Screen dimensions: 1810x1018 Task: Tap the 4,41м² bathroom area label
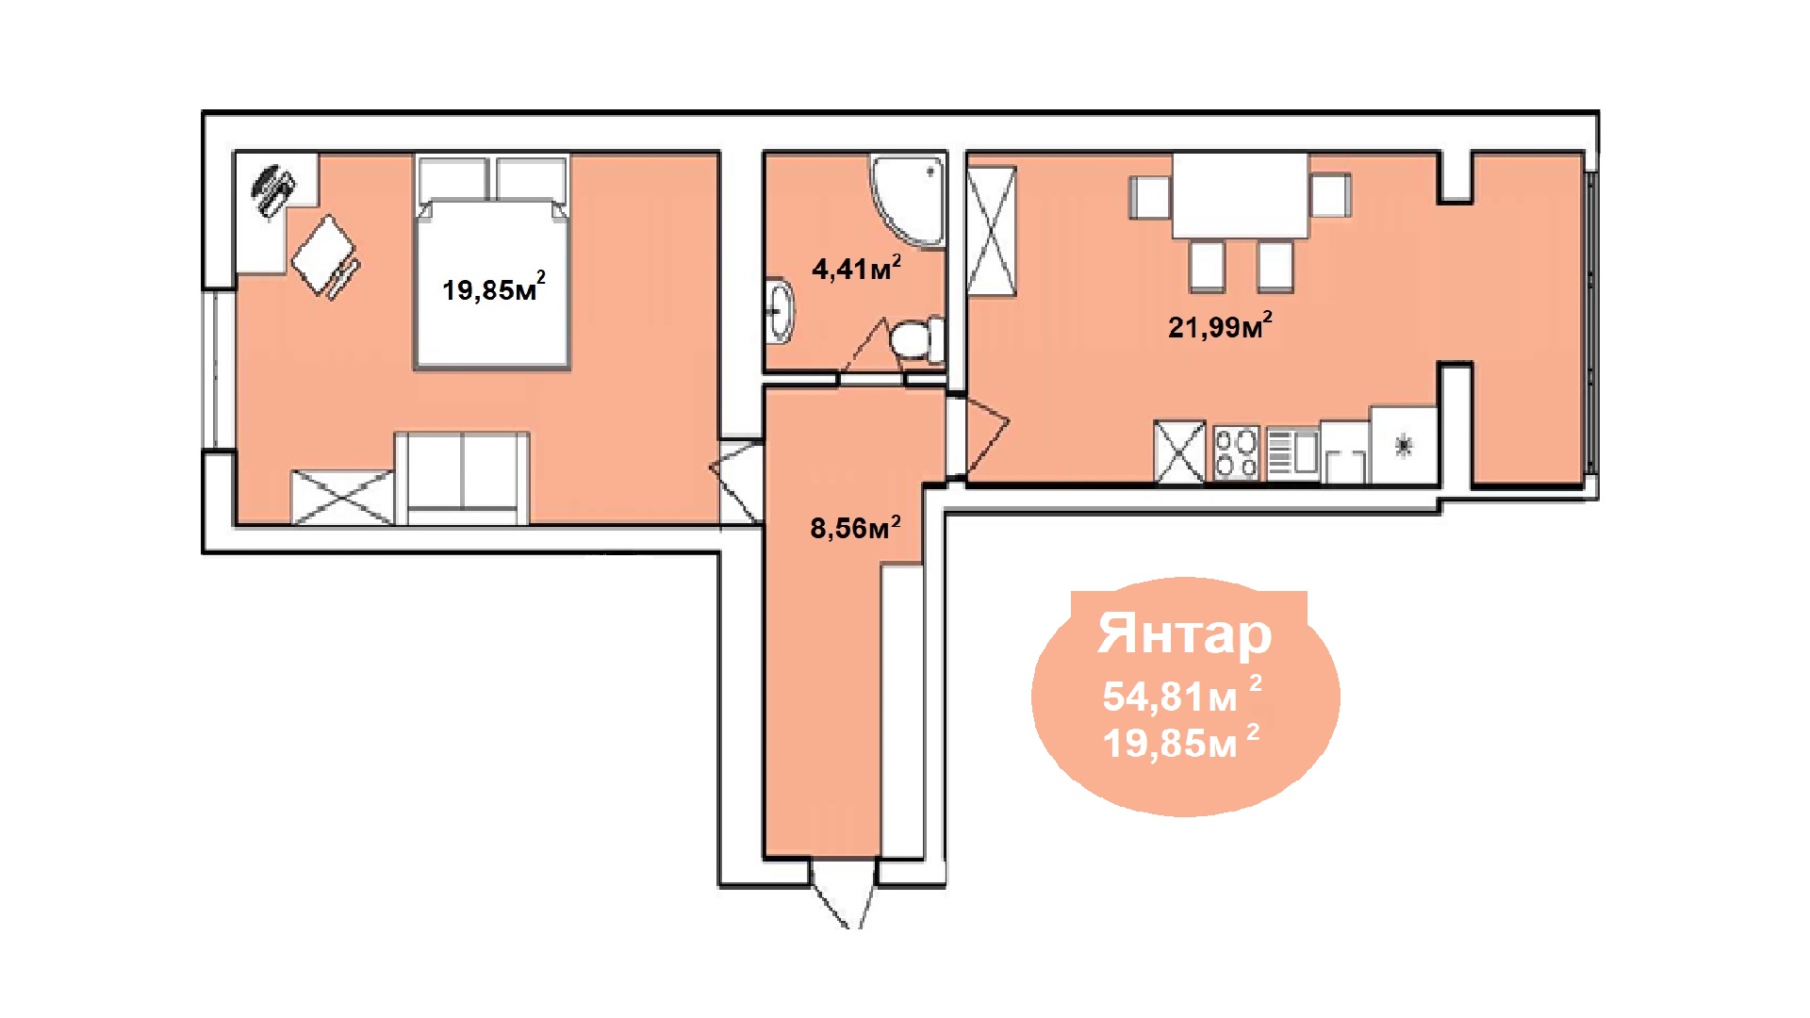(x=856, y=268)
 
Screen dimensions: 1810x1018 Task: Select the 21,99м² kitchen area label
(x=1220, y=325)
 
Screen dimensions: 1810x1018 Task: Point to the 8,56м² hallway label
(x=855, y=527)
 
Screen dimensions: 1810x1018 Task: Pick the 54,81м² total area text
(x=1182, y=695)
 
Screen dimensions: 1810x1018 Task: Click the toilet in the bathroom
(x=916, y=339)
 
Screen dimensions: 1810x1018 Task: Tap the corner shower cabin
(x=908, y=201)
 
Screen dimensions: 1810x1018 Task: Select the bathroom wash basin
(x=780, y=309)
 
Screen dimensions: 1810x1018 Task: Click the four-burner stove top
(x=1236, y=453)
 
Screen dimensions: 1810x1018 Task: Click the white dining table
(x=1241, y=195)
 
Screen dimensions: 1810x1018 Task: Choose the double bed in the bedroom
(x=492, y=263)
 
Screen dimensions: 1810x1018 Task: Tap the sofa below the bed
(x=462, y=478)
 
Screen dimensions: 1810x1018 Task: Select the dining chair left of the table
(x=1151, y=196)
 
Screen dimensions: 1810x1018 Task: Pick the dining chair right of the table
(x=1330, y=195)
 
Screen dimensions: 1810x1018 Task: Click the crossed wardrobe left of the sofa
(x=342, y=497)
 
